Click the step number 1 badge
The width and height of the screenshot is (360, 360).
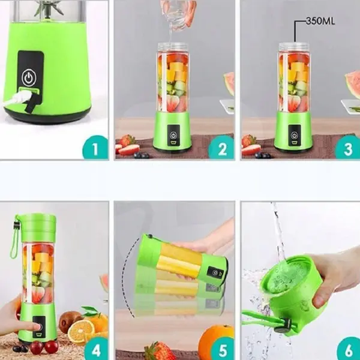click(95, 146)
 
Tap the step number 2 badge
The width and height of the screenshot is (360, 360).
click(221, 147)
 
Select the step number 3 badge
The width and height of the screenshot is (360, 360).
click(347, 147)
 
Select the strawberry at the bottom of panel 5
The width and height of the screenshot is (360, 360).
click(159, 350)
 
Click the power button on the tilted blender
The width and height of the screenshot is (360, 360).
click(214, 273)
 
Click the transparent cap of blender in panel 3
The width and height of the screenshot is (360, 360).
click(294, 47)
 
